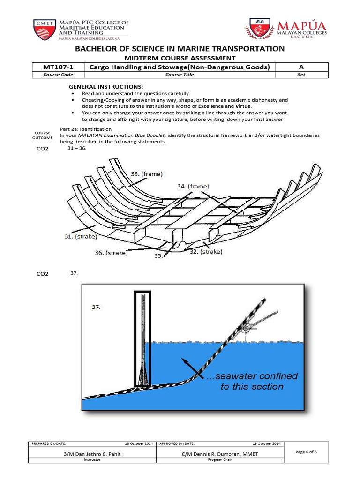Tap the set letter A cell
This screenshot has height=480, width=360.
301,67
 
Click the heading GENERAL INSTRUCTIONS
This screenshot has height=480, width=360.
106,87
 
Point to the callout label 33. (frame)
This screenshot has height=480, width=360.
147,174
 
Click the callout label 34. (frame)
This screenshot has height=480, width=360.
193,186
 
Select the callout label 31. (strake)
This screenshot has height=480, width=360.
81,237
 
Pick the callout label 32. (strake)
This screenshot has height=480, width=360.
206,251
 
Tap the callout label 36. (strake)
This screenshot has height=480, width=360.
111,253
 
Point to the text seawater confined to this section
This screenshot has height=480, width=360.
252,381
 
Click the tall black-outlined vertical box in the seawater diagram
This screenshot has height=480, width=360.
142,338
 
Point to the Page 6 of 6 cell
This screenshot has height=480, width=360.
306,452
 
